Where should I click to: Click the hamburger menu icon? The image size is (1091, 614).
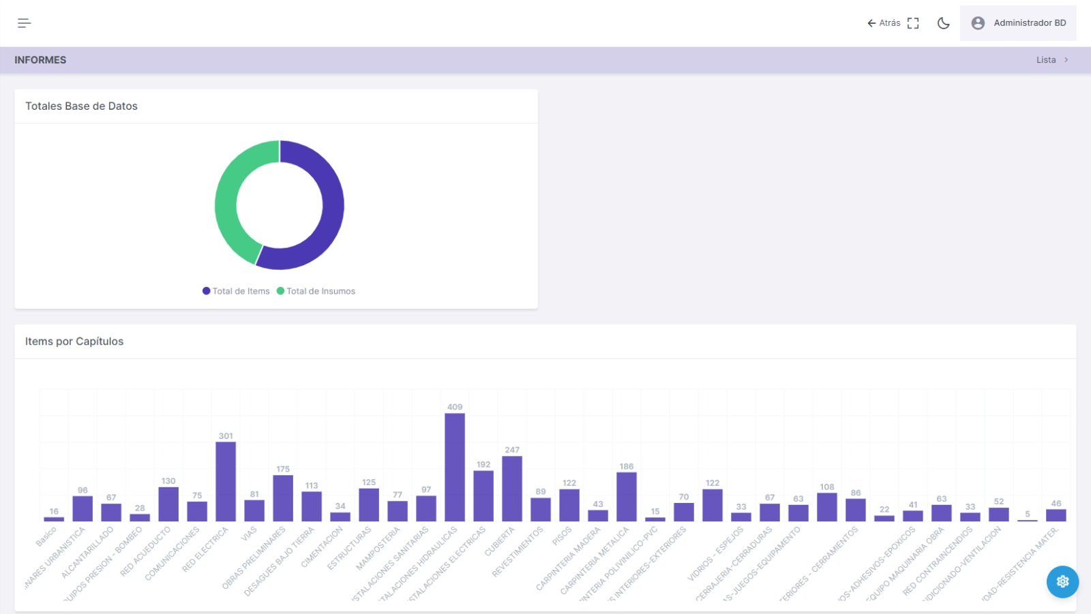click(24, 23)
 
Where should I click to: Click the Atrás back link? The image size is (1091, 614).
click(884, 23)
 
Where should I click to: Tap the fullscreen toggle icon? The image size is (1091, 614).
click(913, 23)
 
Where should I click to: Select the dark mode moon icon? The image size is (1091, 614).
click(944, 23)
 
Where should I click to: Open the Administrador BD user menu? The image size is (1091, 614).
click(1018, 23)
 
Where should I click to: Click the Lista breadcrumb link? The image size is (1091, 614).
click(1046, 60)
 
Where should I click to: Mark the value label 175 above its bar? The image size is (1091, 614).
click(283, 469)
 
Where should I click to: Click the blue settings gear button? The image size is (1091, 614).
click(1062, 581)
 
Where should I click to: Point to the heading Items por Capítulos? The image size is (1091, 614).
click(74, 341)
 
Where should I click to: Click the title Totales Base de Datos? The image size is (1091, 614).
click(81, 106)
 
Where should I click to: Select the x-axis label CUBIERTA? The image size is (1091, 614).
click(500, 542)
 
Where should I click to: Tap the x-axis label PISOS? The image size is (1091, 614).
click(563, 536)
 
